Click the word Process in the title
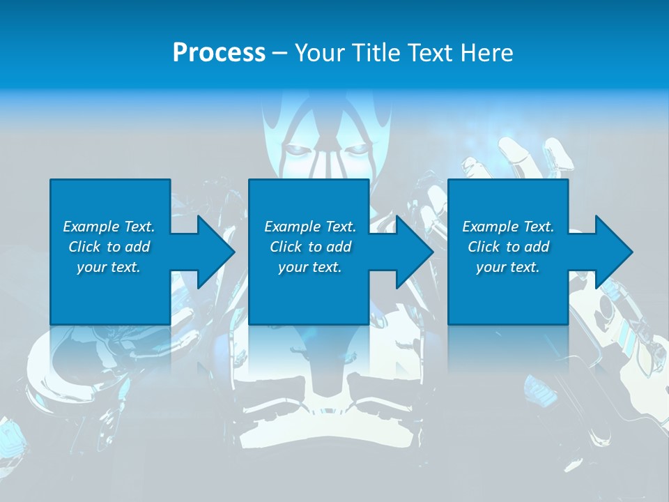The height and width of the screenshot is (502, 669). click(x=219, y=53)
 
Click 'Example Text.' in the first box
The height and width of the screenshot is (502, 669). click(x=109, y=227)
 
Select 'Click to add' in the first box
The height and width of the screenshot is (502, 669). click(x=109, y=247)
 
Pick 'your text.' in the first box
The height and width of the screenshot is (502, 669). click(x=109, y=267)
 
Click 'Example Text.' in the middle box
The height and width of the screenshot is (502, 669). click(x=310, y=227)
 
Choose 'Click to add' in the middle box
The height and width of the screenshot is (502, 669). click(x=310, y=247)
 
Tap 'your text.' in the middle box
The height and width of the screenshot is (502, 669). click(x=310, y=267)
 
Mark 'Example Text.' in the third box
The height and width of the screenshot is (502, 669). click(x=508, y=227)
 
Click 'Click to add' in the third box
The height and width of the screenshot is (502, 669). click(x=508, y=247)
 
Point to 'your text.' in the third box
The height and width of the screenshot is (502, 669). click(x=508, y=267)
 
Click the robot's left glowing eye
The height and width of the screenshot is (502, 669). click(x=296, y=149)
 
